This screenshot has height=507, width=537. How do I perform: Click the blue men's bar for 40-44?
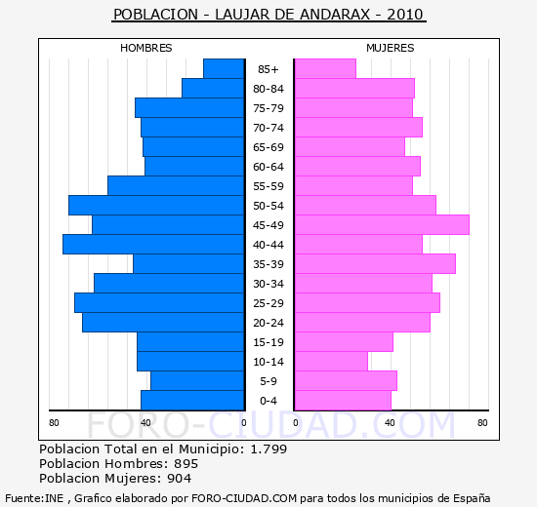(153, 245)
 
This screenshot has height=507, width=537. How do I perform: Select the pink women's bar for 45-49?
(382, 225)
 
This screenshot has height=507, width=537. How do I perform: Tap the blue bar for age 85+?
(224, 69)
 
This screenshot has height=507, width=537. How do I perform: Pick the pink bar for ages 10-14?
(332, 362)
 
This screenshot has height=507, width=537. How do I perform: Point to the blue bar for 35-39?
(188, 264)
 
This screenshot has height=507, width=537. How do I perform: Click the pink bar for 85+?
(326, 69)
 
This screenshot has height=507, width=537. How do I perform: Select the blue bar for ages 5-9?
(197, 381)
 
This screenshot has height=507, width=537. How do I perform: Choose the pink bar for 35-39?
(375, 264)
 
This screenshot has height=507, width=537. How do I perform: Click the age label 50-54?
(268, 206)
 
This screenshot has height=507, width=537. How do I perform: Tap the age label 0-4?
(268, 401)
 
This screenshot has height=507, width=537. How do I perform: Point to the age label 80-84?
(268, 89)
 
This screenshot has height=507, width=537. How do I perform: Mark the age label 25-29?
(268, 303)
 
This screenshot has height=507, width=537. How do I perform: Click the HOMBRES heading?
(146, 48)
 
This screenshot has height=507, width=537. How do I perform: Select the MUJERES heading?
(391, 48)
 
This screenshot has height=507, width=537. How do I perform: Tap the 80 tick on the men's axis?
(54, 423)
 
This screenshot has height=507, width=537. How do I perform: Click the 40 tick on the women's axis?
(390, 423)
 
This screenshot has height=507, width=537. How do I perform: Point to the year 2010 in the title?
(405, 15)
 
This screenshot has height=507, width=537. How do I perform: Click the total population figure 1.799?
(268, 448)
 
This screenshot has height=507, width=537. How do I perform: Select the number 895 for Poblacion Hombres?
(186, 463)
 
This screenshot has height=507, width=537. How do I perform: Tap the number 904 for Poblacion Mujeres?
(179, 479)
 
